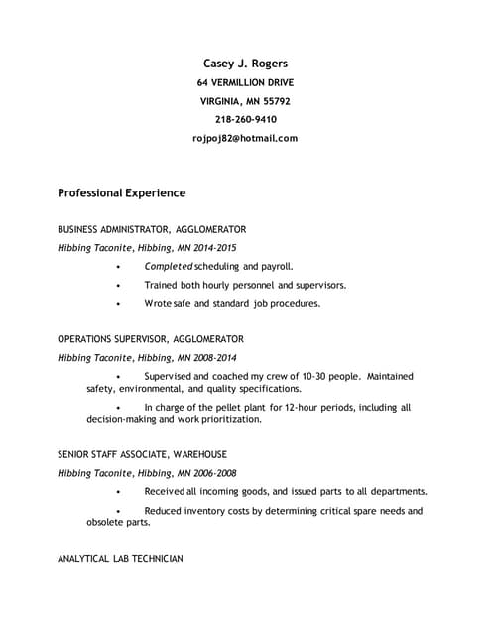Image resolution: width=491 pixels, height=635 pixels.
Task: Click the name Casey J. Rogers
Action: (x=245, y=63)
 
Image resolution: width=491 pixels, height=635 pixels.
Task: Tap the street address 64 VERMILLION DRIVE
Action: (x=245, y=82)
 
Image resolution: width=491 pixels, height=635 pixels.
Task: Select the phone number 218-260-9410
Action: (x=245, y=120)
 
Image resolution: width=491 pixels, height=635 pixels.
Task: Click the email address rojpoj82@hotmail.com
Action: (x=245, y=139)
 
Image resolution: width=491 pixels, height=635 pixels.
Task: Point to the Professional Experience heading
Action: (x=121, y=192)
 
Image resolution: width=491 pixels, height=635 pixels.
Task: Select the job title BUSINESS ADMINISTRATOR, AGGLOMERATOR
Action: (x=152, y=229)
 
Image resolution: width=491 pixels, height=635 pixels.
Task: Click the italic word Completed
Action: (x=168, y=267)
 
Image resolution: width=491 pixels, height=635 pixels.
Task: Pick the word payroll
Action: (x=275, y=267)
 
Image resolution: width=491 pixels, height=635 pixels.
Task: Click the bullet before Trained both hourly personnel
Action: (x=118, y=286)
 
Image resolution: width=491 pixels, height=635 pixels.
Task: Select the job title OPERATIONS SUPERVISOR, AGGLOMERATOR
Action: (x=151, y=339)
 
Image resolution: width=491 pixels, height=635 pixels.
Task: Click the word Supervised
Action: (x=171, y=377)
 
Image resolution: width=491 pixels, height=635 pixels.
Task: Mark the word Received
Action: (x=168, y=491)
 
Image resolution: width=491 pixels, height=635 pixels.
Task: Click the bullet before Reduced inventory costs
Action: (x=118, y=512)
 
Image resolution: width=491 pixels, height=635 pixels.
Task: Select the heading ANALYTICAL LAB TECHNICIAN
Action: (x=120, y=560)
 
